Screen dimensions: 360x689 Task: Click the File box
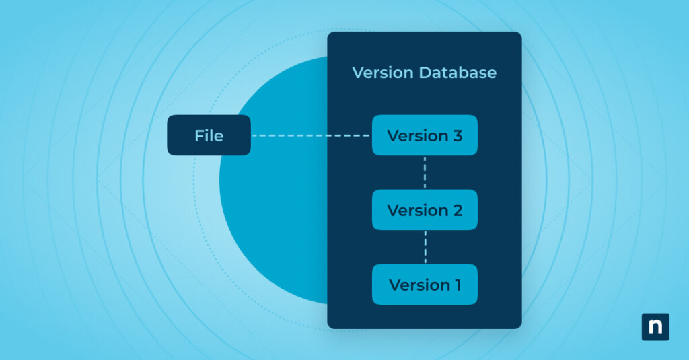point(209,135)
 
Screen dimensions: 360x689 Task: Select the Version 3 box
point(425,135)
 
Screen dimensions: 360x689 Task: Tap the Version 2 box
point(425,210)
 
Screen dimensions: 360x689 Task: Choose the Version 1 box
point(425,285)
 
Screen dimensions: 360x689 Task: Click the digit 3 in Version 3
point(457,136)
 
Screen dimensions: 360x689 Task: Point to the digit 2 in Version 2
point(457,211)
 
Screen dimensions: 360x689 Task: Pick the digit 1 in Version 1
point(456,285)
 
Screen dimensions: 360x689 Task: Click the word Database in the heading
point(458,73)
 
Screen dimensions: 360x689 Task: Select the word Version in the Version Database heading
point(382,73)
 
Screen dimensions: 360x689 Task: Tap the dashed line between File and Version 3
point(311,135)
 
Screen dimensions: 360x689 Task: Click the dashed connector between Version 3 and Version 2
point(425,172)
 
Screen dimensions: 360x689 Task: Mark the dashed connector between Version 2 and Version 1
point(425,247)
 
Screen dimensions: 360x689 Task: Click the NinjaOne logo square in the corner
point(655,327)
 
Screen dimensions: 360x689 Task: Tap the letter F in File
point(199,136)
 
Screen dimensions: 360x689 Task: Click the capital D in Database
point(424,73)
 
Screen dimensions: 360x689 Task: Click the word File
point(209,136)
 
